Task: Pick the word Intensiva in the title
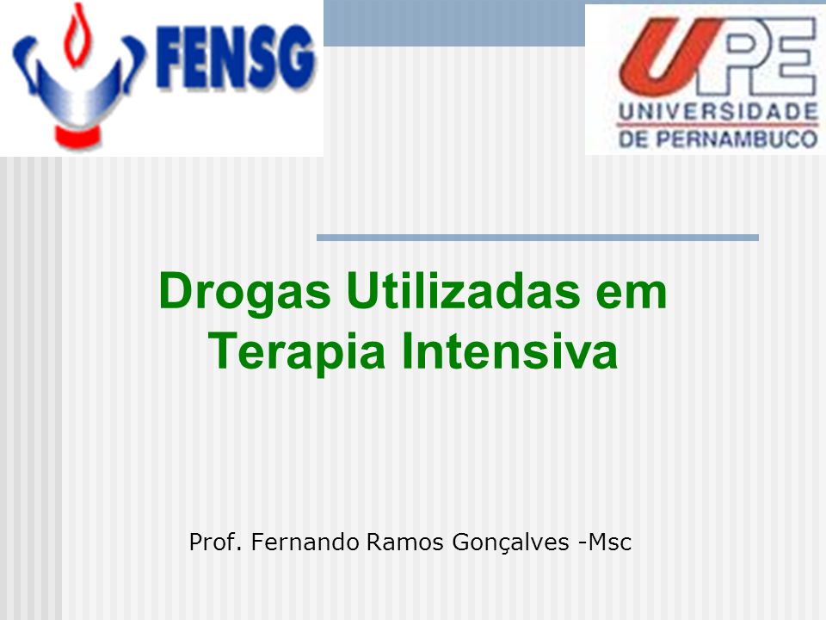[509, 350]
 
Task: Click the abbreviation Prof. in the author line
[215, 542]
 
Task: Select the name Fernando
[305, 542]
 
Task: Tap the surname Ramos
[404, 542]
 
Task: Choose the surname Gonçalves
[510, 542]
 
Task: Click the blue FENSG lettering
[237, 57]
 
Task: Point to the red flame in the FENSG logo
[75, 35]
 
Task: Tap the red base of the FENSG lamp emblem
[77, 136]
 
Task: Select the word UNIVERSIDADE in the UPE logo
[718, 111]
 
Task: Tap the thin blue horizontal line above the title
[537, 238]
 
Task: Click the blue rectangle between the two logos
[454, 23]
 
